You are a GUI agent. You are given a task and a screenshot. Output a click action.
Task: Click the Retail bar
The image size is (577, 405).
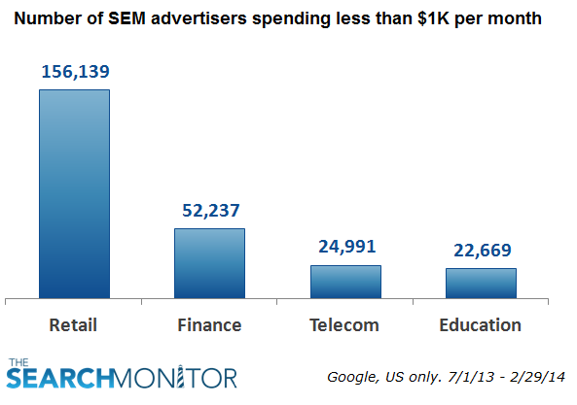(x=74, y=193)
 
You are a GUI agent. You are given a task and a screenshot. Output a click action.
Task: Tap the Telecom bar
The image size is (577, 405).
(x=345, y=281)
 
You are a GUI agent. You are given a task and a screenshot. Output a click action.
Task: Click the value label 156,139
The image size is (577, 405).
(x=74, y=72)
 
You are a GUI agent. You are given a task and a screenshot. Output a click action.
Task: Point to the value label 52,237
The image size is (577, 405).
(x=209, y=211)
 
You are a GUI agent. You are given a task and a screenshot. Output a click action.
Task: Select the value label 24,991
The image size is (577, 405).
(x=345, y=247)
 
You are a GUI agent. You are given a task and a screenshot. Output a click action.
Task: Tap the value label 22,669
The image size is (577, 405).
(x=481, y=251)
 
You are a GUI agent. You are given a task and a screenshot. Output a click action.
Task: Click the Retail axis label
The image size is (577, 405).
(x=74, y=324)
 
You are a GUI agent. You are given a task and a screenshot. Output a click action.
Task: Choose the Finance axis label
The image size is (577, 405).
(x=209, y=324)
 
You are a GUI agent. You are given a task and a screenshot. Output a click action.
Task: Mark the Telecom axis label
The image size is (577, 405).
(x=345, y=324)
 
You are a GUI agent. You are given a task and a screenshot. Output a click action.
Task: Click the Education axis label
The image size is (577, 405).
(x=481, y=324)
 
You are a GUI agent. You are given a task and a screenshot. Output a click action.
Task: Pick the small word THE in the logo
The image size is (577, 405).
(x=19, y=362)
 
